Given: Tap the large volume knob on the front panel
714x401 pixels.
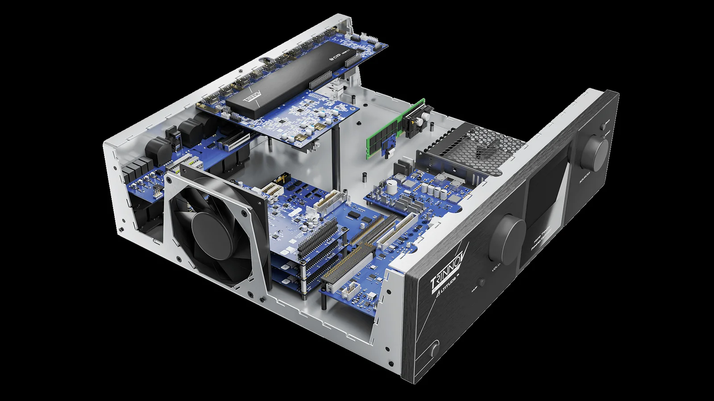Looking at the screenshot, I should (x=508, y=238).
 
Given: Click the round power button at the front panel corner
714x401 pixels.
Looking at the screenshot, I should (x=435, y=351).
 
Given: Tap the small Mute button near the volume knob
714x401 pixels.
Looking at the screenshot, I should (x=482, y=282).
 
